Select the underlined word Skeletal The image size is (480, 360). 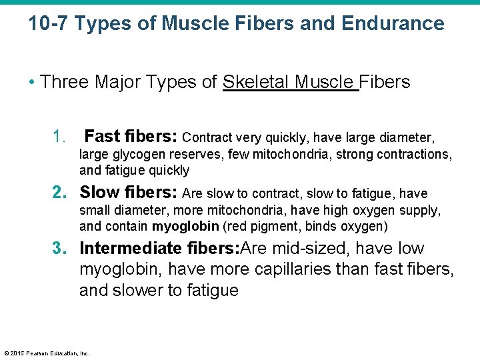point(256,82)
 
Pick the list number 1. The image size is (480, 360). point(59,137)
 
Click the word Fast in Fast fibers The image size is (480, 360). point(102,137)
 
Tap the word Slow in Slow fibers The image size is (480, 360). point(98,193)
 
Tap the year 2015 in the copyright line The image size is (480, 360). point(16,353)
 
